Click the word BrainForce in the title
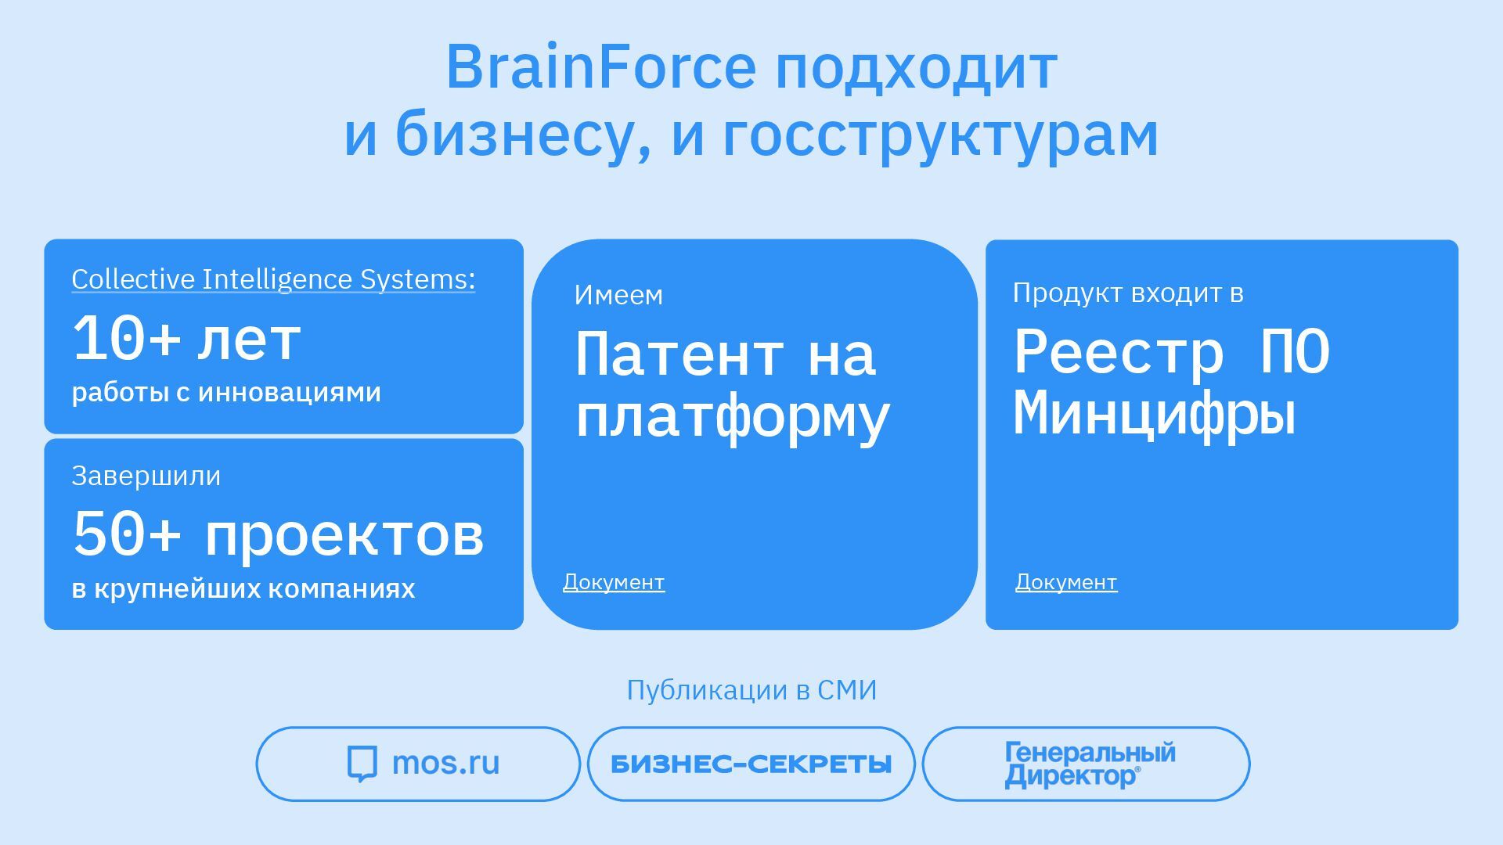pyautogui.click(x=600, y=68)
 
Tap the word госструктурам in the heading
pyautogui.click(x=939, y=135)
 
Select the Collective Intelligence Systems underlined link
pyautogui.click(x=273, y=279)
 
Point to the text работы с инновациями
pyautogui.click(x=226, y=392)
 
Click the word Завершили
pyautogui.click(x=146, y=476)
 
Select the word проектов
pyautogui.click(x=344, y=537)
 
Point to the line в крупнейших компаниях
pyautogui.click(x=243, y=588)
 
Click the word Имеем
pyautogui.click(x=618, y=295)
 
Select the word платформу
pyautogui.click(x=733, y=417)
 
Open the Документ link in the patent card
pyautogui.click(x=614, y=582)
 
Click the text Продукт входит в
pyautogui.click(x=1128, y=293)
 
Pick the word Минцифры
pyautogui.click(x=1155, y=413)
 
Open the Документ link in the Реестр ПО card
pyautogui.click(x=1066, y=582)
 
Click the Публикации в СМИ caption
pyautogui.click(x=751, y=690)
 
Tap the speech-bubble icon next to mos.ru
pyautogui.click(x=362, y=764)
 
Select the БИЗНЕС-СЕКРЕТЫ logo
pyautogui.click(x=751, y=764)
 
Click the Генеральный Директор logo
pyautogui.click(x=1090, y=764)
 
